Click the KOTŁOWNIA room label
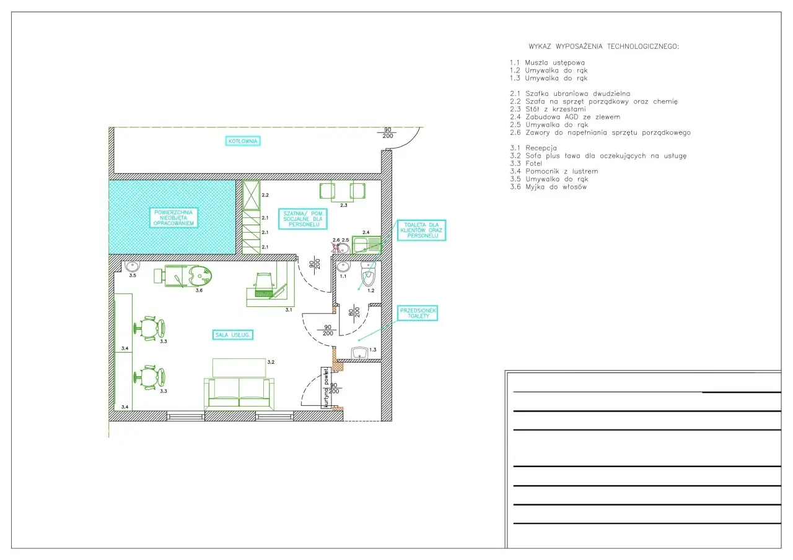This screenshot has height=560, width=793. coord(243,141)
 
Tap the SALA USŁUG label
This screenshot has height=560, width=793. coord(232,335)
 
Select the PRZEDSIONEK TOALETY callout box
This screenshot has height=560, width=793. coord(418,313)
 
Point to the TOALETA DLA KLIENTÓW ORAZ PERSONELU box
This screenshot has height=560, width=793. coord(421,230)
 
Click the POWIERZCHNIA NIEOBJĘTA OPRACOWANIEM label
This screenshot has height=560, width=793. coord(173,217)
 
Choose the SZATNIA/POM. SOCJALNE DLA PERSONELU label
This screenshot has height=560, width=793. coord(303,219)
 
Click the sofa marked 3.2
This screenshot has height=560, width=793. coord(239,394)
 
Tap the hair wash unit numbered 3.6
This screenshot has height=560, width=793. coord(183,276)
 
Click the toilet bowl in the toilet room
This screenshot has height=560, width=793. coord(369,274)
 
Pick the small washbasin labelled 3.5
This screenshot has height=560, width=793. coord(132,266)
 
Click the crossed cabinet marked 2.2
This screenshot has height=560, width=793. coord(252,195)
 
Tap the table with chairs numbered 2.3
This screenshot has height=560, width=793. coord(343,191)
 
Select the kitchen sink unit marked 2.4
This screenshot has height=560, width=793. coord(366,244)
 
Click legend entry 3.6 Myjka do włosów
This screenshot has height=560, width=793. coord(548,187)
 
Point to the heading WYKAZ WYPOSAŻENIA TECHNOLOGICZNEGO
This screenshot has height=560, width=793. coord(604,46)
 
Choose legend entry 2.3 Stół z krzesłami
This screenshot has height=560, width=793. coord(548,110)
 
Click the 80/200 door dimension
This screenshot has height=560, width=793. coord(354,312)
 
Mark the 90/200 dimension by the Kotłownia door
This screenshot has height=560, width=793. coord(388,133)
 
